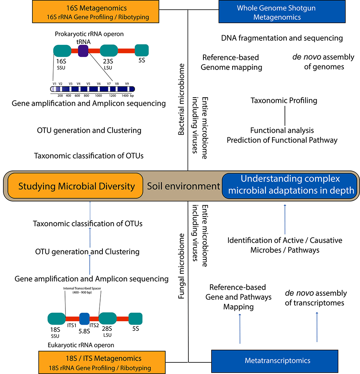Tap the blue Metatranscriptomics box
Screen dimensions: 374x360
277,361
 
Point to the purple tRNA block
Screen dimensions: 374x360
83,51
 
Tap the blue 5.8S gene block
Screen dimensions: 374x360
84,318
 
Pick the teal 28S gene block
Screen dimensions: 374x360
108,318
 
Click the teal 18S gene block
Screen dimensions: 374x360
57,319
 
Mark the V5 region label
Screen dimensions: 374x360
89,83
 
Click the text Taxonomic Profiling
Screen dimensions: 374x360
284,101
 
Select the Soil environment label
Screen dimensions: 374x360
183,186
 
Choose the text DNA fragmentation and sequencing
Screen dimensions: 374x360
282,38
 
